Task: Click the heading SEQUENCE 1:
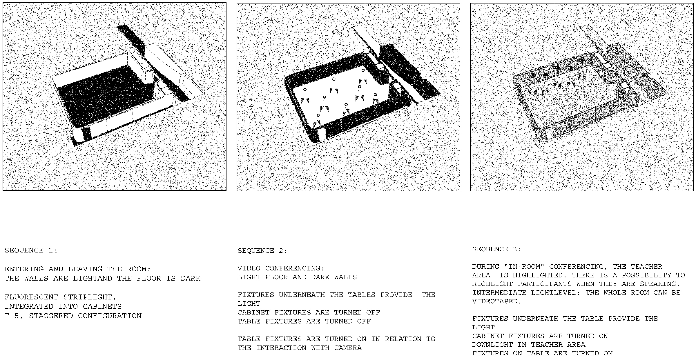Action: [x=31, y=250]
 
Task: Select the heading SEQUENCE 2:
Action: [x=262, y=251]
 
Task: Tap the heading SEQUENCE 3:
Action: [x=496, y=249]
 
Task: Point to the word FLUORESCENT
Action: [x=31, y=297]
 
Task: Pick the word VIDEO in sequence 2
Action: [x=249, y=268]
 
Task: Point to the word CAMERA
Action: [x=348, y=348]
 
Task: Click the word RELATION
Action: [x=403, y=339]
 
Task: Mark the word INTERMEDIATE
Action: [x=499, y=292]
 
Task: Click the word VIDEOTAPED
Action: [x=497, y=301]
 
